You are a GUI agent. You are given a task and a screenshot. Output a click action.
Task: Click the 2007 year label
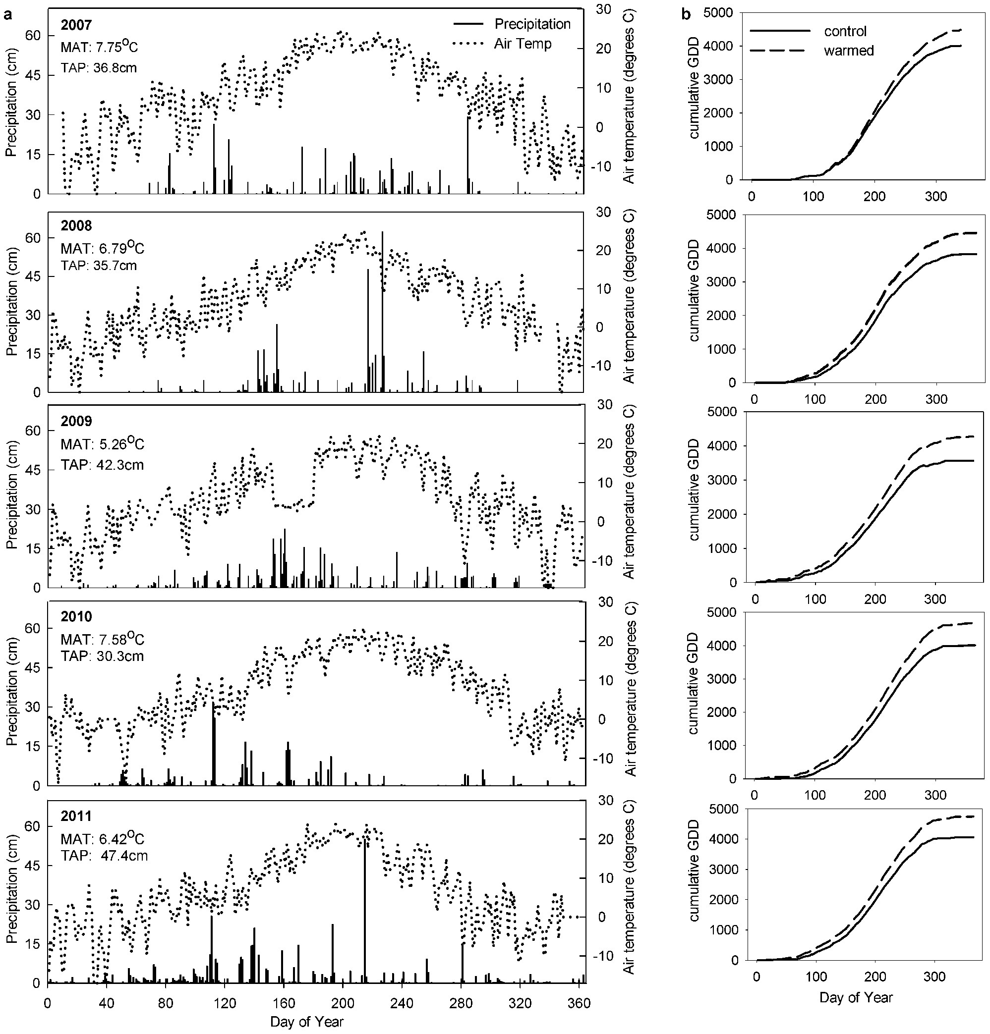click(76, 25)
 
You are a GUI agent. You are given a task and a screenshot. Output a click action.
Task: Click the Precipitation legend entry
click(532, 24)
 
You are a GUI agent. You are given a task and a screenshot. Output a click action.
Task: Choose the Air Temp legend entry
click(523, 44)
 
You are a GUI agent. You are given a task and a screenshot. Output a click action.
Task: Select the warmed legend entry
click(849, 51)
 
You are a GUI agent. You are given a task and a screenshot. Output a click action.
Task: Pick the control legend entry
click(845, 31)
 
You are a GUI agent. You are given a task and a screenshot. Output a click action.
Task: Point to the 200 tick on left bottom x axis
click(343, 1002)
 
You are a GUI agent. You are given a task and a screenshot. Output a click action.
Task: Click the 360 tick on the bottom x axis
click(580, 1002)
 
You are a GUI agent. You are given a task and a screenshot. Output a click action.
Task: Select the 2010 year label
click(76, 616)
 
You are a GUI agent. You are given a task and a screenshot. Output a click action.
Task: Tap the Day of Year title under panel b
click(856, 997)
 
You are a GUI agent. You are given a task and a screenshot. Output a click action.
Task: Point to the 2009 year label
click(76, 421)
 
